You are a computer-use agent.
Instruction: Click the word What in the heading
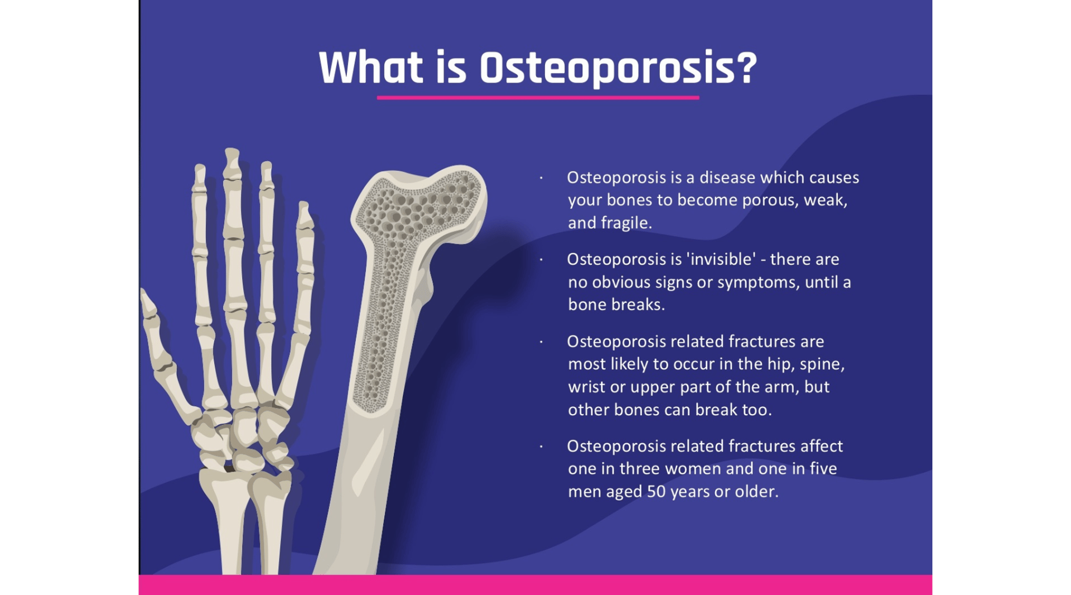pyautogui.click(x=370, y=68)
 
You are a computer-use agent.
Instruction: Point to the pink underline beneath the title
pyautogui.click(x=538, y=97)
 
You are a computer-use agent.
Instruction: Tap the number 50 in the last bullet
pyautogui.click(x=656, y=491)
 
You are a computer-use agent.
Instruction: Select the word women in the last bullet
pyautogui.click(x=693, y=469)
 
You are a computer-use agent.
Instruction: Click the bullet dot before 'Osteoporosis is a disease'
pyautogui.click(x=541, y=178)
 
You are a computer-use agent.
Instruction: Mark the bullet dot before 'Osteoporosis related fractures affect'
pyautogui.click(x=541, y=447)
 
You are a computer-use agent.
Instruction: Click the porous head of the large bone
pyautogui.click(x=421, y=207)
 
